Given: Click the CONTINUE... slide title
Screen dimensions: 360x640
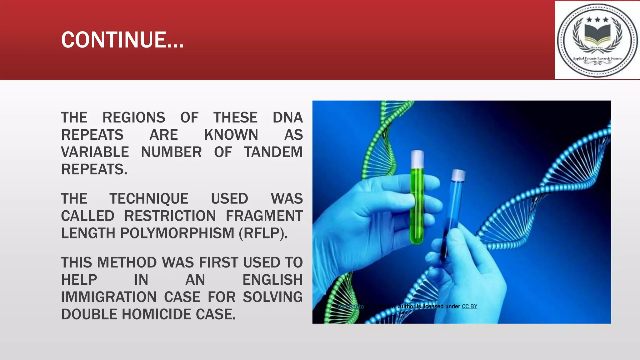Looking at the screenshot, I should click(x=122, y=40).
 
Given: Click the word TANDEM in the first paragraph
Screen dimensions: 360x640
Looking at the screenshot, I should click(x=273, y=152).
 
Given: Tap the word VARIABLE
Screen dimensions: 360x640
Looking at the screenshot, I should click(x=95, y=152).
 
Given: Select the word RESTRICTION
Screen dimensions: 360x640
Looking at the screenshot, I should click(x=170, y=216).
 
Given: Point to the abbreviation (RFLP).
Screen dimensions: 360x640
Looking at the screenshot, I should click(x=263, y=233).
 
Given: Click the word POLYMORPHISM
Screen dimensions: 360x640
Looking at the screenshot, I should click(x=177, y=233).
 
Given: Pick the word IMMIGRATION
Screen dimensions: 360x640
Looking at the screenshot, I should click(x=108, y=297).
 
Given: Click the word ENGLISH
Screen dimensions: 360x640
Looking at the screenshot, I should click(x=272, y=280).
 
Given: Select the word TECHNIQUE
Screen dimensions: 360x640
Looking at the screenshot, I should click(x=149, y=199).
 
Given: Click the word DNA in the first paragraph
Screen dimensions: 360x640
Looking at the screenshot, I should click(x=287, y=118).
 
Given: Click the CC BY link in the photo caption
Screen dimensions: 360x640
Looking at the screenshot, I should click(x=469, y=307).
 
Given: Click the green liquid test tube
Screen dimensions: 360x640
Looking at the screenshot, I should click(x=417, y=206).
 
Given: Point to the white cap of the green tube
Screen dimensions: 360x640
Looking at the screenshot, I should click(x=417, y=158).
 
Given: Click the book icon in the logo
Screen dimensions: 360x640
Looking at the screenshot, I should click(x=597, y=35).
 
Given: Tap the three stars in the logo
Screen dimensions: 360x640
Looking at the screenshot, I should click(x=597, y=20).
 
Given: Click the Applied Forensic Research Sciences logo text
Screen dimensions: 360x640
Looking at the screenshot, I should click(x=597, y=58).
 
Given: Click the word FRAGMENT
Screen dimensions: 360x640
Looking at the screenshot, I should click(x=264, y=216).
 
